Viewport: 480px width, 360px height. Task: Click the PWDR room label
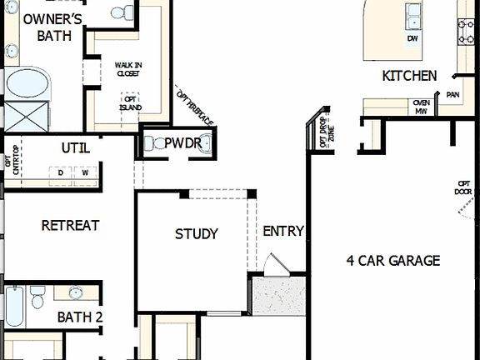(182, 143)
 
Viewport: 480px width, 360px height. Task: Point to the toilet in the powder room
(152, 143)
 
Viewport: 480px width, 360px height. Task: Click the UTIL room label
(76, 148)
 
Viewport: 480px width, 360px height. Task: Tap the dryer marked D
(61, 172)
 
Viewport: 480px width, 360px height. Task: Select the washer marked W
(85, 172)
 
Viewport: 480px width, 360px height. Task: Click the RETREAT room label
(70, 225)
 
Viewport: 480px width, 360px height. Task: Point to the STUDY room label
(197, 233)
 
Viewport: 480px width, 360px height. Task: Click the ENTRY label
(283, 231)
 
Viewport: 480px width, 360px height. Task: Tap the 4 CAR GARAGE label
(392, 260)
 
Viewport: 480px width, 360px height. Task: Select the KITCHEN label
(409, 76)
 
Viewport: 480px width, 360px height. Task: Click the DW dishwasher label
(412, 39)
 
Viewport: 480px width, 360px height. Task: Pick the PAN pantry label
(453, 95)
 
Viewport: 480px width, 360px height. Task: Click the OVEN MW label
(421, 106)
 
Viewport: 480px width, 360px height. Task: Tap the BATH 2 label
(80, 317)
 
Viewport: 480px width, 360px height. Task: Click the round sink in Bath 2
(76, 292)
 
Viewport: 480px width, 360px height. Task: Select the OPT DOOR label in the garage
(464, 187)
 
